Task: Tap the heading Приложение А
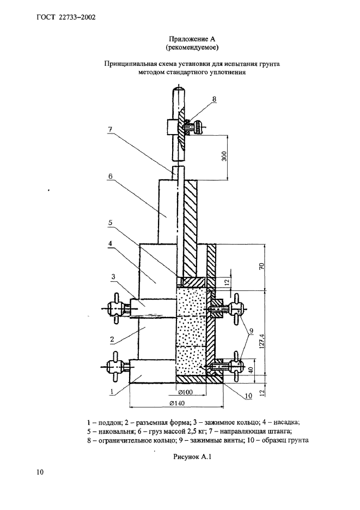[192, 39]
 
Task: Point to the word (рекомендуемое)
[192, 48]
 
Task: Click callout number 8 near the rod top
[214, 99]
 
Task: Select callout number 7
[110, 129]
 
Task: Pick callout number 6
[110, 177]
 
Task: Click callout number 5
[110, 223]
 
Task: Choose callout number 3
[113, 277]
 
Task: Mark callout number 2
[112, 339]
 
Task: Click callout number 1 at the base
[112, 392]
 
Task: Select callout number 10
[248, 396]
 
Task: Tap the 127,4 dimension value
[263, 341]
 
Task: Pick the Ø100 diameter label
[185, 392]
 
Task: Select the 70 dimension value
[263, 266]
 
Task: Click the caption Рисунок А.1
[192, 457]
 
